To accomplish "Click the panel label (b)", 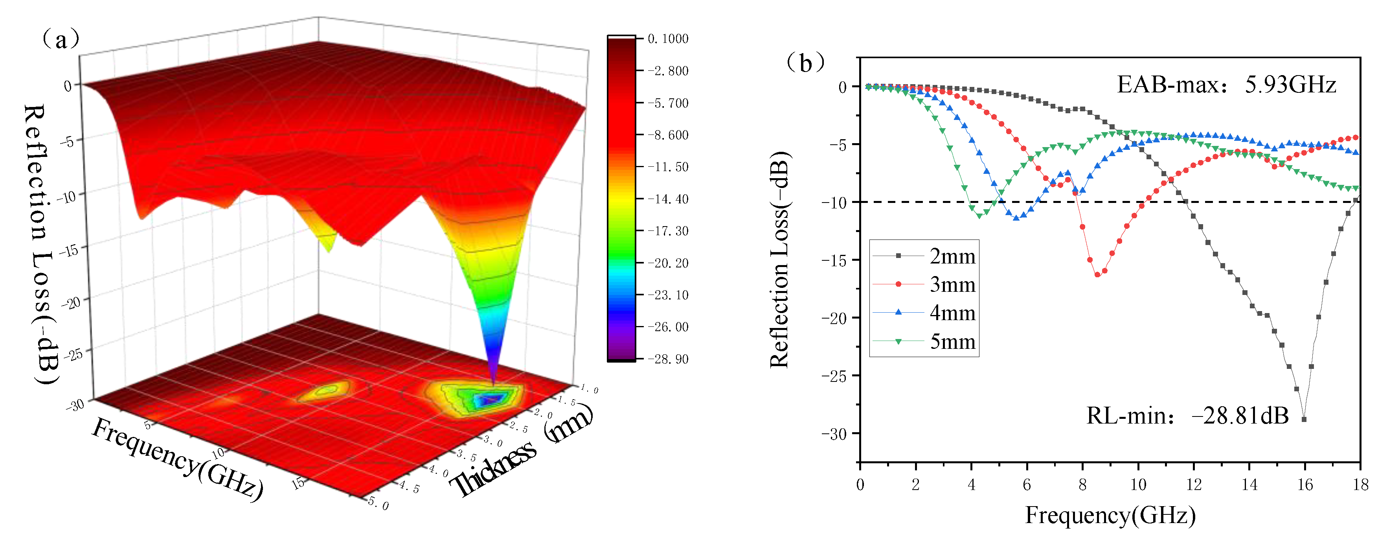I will click(805, 63).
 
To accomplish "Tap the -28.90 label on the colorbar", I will click(668, 359).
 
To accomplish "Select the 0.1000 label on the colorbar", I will click(668, 39).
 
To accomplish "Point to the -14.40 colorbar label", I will click(668, 199).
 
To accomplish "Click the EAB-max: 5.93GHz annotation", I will click(1226, 85).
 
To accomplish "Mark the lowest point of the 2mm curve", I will click(1304, 420).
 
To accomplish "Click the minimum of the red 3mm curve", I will click(1097, 275).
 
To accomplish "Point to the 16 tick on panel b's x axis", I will click(1305, 485).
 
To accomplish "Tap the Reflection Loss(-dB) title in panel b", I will click(779, 260).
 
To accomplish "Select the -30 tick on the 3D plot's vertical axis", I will click(75, 405).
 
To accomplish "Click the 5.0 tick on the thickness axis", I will click(378, 503).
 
